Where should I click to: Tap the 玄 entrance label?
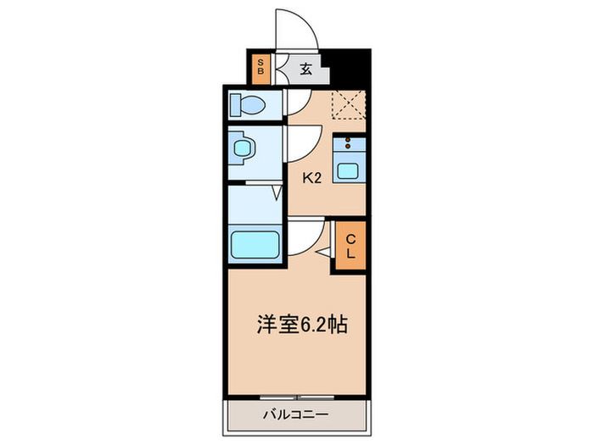coord(305,70)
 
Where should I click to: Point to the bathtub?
coord(255,245)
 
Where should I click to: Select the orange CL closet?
coord(350,246)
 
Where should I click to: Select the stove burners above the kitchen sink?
coord(349,144)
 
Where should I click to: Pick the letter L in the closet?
coord(350,253)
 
